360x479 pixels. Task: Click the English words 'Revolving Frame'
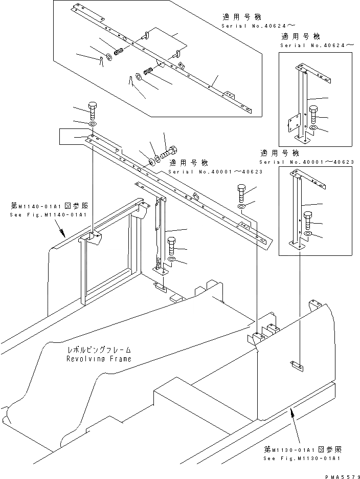[99, 359]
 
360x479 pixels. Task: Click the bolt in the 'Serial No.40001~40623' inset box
[307, 220]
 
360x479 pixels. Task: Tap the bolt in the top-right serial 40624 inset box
[314, 114]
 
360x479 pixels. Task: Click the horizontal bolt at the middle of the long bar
[168, 153]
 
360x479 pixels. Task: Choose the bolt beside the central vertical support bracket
[172, 246]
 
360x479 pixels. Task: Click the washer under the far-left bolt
[93, 125]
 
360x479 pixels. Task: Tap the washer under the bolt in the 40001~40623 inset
[308, 234]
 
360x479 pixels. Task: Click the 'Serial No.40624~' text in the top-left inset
[243, 26]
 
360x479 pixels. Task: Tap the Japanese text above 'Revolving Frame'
[100, 350]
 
